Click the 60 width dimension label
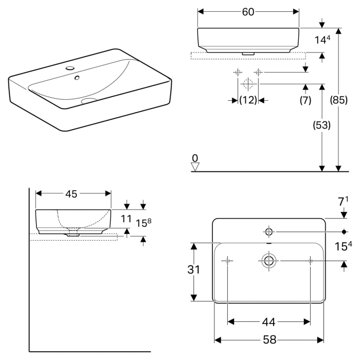coord(248,12)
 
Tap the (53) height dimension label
coord(321,125)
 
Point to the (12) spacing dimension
coord(248,100)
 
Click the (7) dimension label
coord(305,100)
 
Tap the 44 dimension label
coord(268,322)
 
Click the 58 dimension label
coord(269,340)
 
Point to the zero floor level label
coord(194,157)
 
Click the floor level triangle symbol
coord(194,167)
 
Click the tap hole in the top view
coord(268,230)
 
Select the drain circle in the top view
coord(268,261)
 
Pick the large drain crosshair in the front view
coord(247,83)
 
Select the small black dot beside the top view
coord(344,230)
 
